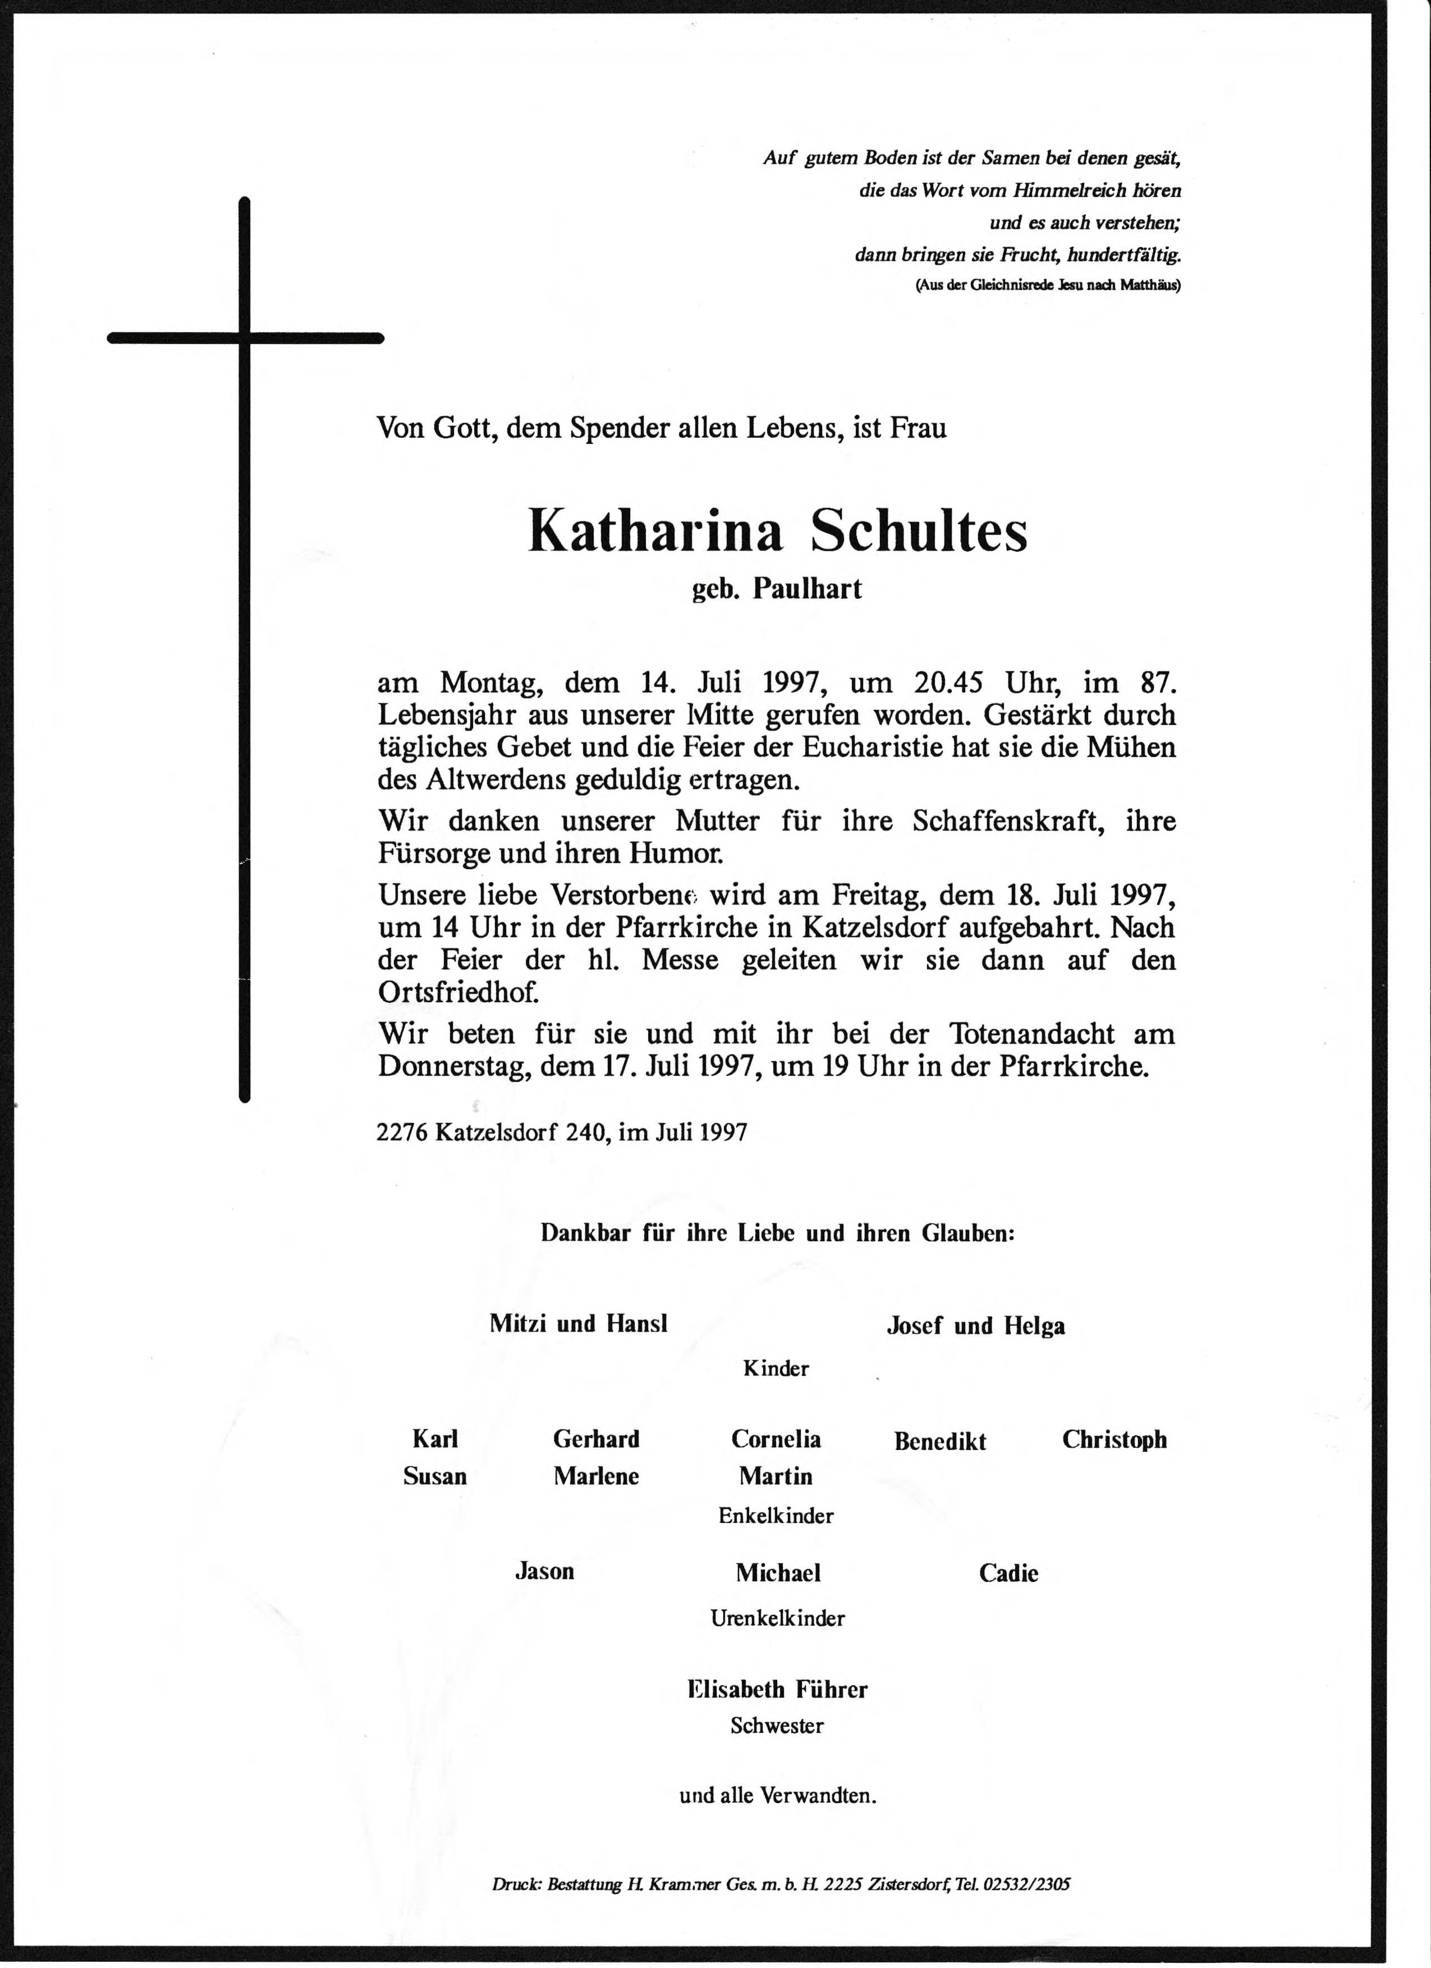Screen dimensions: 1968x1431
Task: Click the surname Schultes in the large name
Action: [919, 531]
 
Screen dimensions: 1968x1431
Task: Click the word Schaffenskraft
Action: [1007, 821]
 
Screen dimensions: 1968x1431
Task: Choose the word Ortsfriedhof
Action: [458, 992]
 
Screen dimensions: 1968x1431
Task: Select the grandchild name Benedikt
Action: [940, 1442]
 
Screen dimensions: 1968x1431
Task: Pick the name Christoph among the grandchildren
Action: [1114, 1441]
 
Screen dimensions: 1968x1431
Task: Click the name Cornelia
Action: [776, 1439]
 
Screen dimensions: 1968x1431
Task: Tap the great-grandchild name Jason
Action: [544, 1571]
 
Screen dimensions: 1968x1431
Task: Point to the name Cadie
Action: [1008, 1573]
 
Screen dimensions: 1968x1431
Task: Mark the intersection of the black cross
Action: [245, 338]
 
